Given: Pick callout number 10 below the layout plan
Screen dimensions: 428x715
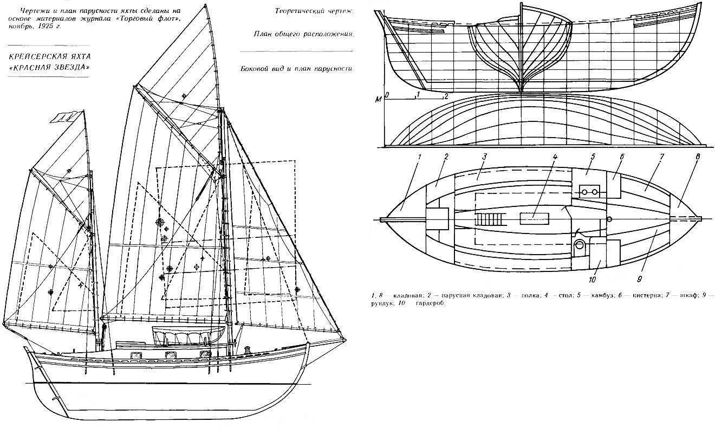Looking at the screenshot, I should [591, 280].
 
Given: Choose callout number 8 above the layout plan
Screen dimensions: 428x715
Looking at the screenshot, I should [697, 157].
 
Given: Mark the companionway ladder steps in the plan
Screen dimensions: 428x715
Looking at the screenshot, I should [488, 219].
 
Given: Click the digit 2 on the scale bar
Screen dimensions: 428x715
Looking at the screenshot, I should [445, 96].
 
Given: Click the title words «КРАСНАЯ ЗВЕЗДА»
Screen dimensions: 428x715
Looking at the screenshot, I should [48, 67].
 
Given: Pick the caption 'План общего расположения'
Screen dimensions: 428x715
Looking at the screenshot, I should [303, 34].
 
